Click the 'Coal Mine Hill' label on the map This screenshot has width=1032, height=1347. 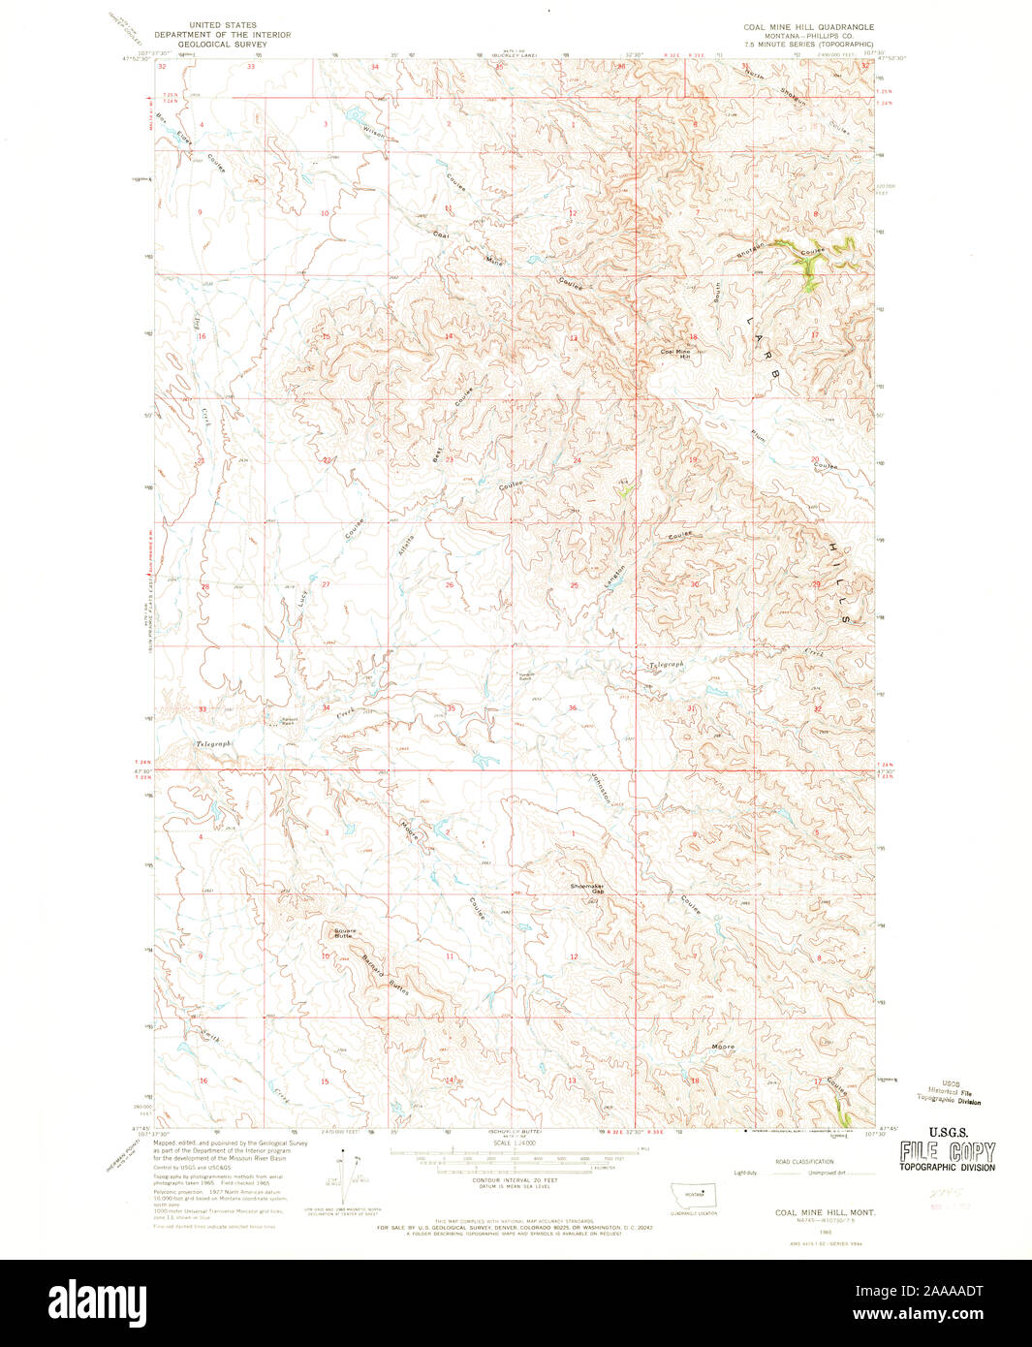tap(674, 354)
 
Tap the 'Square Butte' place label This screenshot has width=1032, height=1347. tap(345, 933)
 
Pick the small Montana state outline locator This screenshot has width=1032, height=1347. tap(694, 1193)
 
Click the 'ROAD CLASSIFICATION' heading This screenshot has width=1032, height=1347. tap(804, 1161)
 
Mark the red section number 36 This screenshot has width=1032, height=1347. tap(573, 707)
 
